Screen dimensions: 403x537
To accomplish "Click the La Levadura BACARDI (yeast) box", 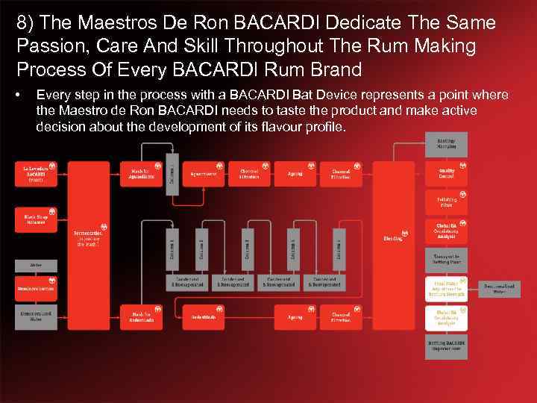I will pos(37,174).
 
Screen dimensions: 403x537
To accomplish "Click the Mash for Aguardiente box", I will pos(141,174).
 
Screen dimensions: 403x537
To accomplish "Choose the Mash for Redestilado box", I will pos(141,318).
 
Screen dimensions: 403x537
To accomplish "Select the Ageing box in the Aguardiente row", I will pos(295,174).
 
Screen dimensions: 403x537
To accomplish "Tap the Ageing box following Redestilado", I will pos(295,318).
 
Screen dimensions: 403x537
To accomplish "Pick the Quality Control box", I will pos(446,174).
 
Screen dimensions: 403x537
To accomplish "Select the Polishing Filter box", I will pos(446,201).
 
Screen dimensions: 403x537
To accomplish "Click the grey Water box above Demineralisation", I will pos(37,265).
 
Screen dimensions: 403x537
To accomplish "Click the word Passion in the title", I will pos(41,46).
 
